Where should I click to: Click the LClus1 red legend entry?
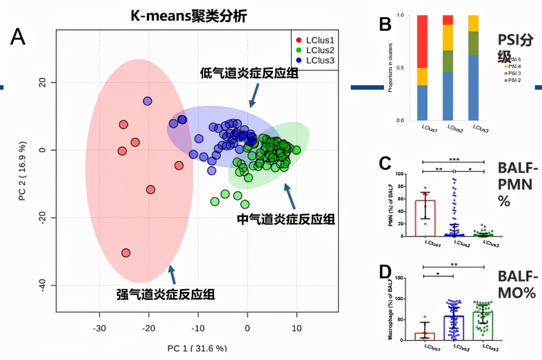(316, 40)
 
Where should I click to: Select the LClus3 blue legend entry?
(316, 60)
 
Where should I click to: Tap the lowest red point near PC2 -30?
(126, 253)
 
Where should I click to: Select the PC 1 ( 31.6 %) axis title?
(198, 348)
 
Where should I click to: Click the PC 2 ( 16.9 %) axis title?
(23, 171)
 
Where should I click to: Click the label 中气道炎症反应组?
(286, 219)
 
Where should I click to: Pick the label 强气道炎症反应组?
(166, 294)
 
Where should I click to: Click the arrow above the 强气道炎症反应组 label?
(172, 274)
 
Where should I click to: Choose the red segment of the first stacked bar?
(429, 42)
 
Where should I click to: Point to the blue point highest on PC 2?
(148, 101)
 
